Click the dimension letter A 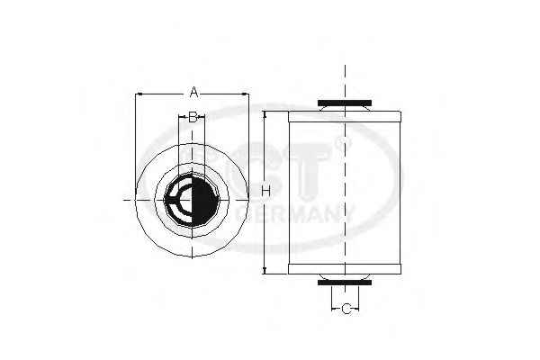coord(193,92)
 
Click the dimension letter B coord(192,116)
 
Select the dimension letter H coord(265,192)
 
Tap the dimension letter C coord(346,309)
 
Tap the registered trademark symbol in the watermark coord(338,142)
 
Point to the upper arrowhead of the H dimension coord(264,115)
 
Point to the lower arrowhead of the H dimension coord(264,270)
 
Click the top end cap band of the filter coord(345,112)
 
